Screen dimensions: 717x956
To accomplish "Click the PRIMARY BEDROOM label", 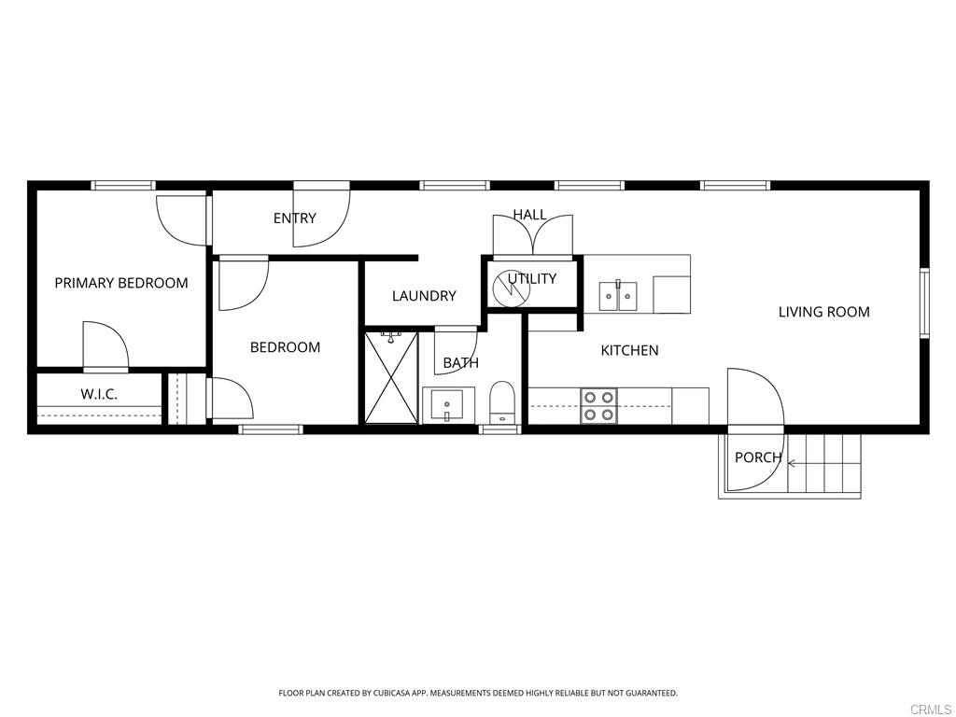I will [x=121, y=283].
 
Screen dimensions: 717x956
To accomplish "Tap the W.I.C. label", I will [x=99, y=394].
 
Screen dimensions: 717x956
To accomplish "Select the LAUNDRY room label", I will [x=424, y=296].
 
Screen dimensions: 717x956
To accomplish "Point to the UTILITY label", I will [x=532, y=278].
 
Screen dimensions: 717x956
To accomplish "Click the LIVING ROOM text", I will [x=823, y=312].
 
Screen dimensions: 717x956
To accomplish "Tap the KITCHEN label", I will [x=629, y=350].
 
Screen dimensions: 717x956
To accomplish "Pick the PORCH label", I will [x=757, y=457].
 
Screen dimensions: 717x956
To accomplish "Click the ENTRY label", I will [x=295, y=218].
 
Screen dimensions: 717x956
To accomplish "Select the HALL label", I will [x=529, y=215].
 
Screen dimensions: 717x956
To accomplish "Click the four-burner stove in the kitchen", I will [x=598, y=405].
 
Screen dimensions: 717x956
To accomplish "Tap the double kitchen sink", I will [x=617, y=296].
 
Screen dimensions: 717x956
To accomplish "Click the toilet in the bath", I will [x=502, y=401].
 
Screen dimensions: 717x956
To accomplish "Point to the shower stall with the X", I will [x=390, y=376].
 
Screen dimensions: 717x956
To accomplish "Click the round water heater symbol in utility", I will [x=512, y=288].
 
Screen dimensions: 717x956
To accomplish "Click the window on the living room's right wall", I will [x=924, y=302].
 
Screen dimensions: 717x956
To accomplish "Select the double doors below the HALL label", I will [x=532, y=237].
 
